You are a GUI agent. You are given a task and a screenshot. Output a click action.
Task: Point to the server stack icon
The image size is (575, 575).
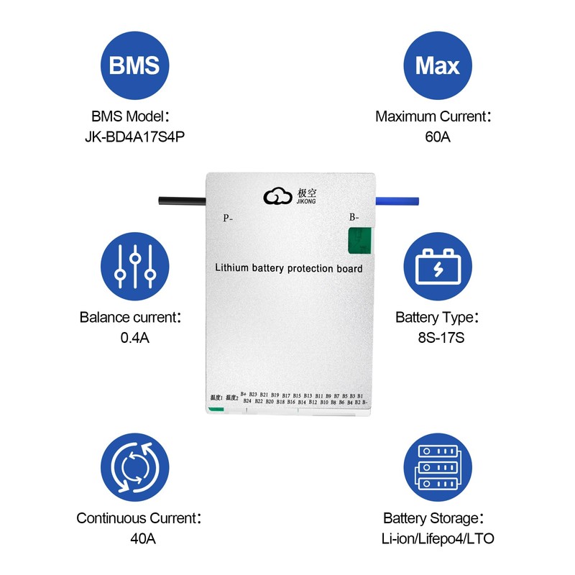(437, 466)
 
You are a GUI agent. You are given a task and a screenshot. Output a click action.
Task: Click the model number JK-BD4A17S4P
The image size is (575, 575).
(129, 135)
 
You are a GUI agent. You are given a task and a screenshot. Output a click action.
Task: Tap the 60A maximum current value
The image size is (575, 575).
(437, 135)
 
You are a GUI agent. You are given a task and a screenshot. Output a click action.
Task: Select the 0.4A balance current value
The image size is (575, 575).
(136, 336)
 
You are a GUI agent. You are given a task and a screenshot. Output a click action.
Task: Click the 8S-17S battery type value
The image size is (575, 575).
(437, 336)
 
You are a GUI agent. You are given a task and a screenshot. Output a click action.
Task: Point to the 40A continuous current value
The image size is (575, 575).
(136, 538)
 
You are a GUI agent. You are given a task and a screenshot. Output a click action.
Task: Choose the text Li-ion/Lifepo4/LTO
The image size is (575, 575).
(438, 538)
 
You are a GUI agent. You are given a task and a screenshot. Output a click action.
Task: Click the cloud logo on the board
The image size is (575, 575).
(277, 195)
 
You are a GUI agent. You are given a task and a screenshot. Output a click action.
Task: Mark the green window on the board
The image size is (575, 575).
(360, 240)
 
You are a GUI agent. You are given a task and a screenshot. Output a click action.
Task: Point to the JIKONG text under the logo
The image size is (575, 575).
(305, 203)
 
